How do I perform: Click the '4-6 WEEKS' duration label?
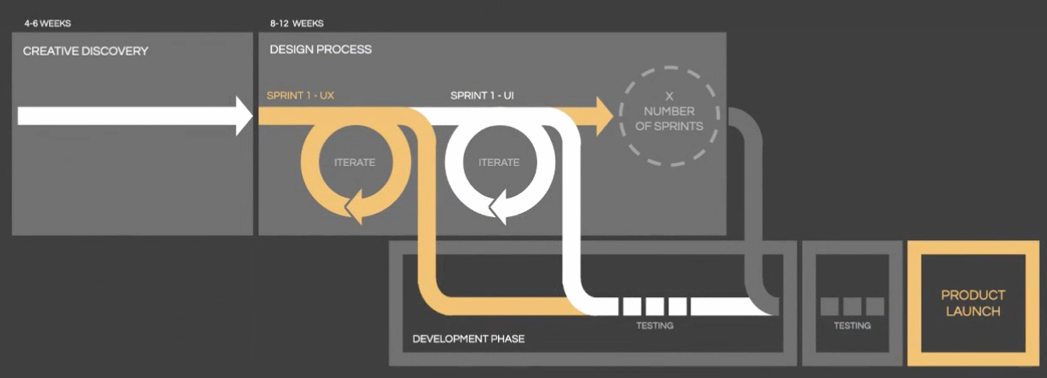(x=46, y=24)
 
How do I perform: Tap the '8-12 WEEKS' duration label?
(x=298, y=24)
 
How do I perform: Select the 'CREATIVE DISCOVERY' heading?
(x=85, y=51)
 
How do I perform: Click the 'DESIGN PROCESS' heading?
(x=320, y=49)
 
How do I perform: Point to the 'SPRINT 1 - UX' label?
(x=301, y=96)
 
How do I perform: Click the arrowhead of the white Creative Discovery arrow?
(x=245, y=117)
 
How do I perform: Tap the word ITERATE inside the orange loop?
(x=354, y=163)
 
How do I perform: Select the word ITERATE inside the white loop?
(x=499, y=163)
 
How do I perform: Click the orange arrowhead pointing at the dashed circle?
(x=603, y=116)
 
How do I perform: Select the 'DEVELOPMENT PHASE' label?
(x=468, y=339)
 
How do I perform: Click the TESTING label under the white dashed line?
(x=654, y=325)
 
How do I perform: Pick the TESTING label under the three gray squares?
(x=852, y=325)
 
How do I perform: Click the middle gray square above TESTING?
(x=852, y=306)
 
